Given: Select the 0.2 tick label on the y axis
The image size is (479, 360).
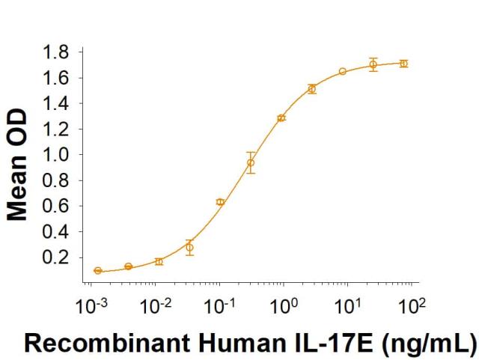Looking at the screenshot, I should pos(58,257).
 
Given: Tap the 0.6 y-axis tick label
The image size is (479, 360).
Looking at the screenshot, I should pos(58,206).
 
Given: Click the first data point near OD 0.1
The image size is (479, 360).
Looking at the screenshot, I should pos(98,270).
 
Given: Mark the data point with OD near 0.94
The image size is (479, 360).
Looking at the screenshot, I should pos(251,162).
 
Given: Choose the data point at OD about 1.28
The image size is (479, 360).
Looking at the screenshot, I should pos(281,118).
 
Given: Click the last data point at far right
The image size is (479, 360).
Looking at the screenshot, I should pos(403,64).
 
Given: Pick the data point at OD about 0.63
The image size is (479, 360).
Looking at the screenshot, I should pos(220,202).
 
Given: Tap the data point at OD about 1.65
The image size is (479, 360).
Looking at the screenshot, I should pos(342,72).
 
